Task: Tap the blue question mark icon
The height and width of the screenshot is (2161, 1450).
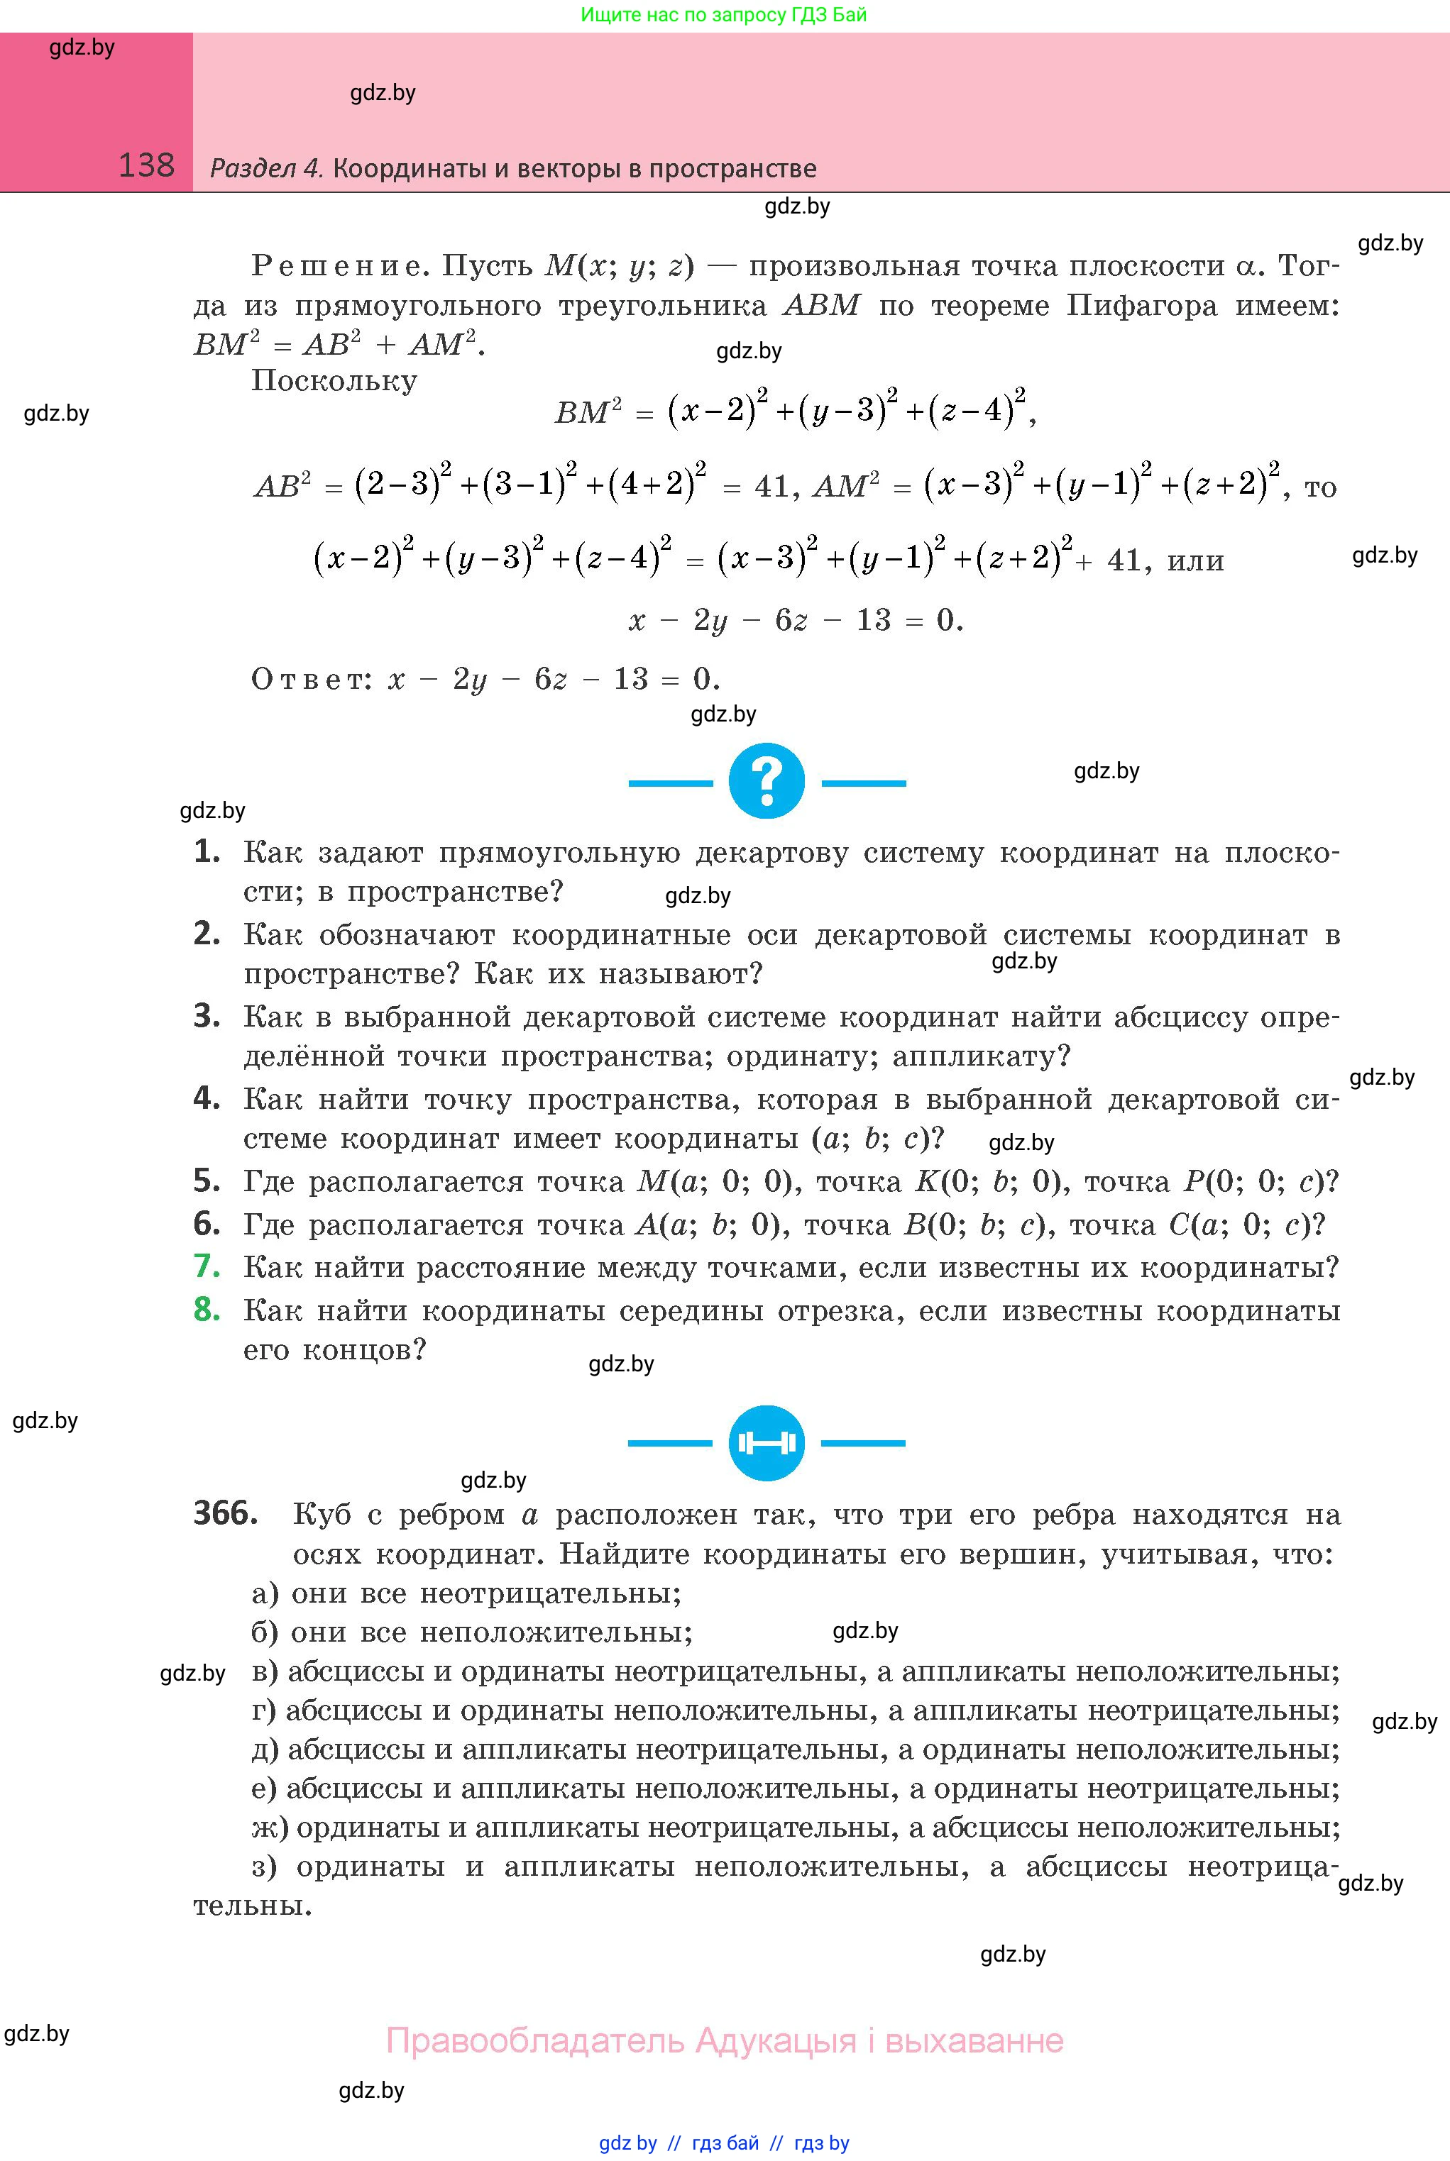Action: [767, 781]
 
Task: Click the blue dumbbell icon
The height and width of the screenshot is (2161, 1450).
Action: [767, 1443]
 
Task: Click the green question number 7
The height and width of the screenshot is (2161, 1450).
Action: [207, 1266]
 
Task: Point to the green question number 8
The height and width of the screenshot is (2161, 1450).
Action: [207, 1309]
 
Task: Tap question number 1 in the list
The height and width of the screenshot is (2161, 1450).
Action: [207, 851]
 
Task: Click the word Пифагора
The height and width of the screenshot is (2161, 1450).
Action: [1141, 305]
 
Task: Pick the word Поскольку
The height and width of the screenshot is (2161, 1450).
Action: [334, 381]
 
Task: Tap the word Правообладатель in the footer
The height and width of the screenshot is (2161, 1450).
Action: [534, 2041]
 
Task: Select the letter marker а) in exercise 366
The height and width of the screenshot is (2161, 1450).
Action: [266, 1593]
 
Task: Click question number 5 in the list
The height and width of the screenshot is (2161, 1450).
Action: [207, 1181]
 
